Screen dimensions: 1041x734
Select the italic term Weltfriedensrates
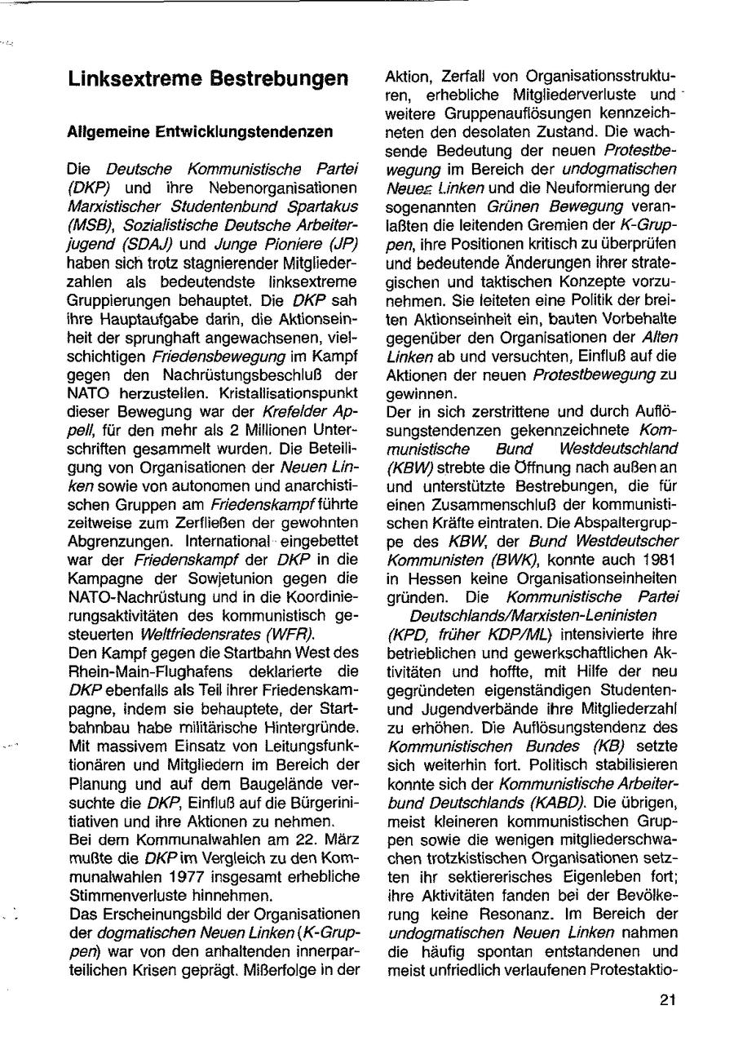tap(197, 634)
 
